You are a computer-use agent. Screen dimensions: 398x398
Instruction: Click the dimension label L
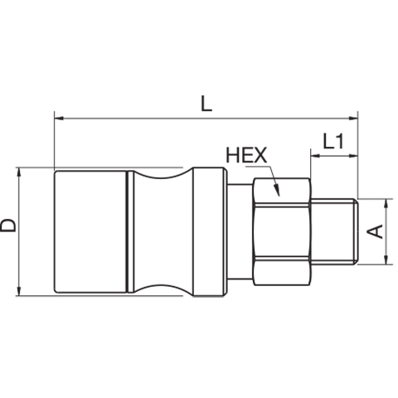[206, 104]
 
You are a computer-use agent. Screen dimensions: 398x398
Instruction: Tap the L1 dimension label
[333, 141]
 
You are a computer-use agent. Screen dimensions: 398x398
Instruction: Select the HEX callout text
[246, 155]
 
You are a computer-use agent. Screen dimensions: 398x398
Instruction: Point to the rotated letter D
[8, 226]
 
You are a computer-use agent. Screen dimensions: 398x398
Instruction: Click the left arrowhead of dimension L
[60, 119]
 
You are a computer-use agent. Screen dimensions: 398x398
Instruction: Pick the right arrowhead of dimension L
[353, 119]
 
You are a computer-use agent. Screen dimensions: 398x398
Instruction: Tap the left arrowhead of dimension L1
[315, 156]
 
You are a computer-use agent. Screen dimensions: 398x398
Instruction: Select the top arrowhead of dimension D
[19, 172]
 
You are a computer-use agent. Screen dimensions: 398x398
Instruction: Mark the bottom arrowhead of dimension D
[19, 291]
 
